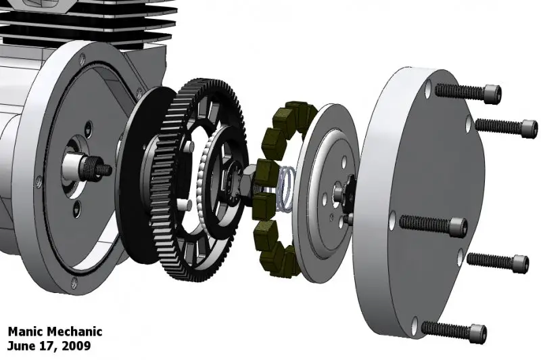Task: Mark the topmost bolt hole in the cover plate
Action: click(x=430, y=87)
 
